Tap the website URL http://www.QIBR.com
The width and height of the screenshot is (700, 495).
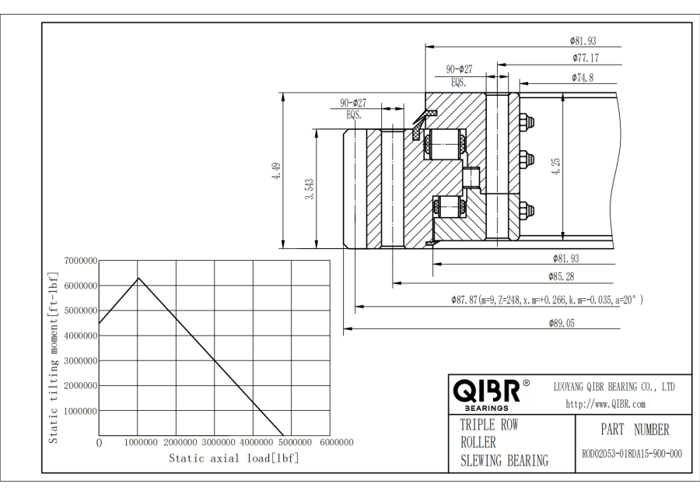click(x=606, y=403)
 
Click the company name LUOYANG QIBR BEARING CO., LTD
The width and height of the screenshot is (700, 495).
click(x=614, y=386)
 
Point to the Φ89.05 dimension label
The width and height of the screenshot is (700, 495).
click(x=562, y=324)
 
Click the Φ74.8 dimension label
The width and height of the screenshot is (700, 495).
click(x=583, y=77)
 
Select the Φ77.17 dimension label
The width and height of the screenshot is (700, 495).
click(x=586, y=58)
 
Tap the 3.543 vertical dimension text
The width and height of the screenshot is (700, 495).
click(x=310, y=190)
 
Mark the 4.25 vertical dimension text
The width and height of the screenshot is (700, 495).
click(x=556, y=167)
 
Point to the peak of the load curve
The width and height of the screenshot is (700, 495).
click(x=138, y=278)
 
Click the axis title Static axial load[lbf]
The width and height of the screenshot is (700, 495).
click(x=234, y=458)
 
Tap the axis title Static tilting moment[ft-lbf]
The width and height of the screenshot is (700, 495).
click(x=54, y=357)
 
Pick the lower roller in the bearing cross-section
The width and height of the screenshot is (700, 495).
click(x=450, y=207)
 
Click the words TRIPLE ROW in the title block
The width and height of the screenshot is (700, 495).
click(x=488, y=426)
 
